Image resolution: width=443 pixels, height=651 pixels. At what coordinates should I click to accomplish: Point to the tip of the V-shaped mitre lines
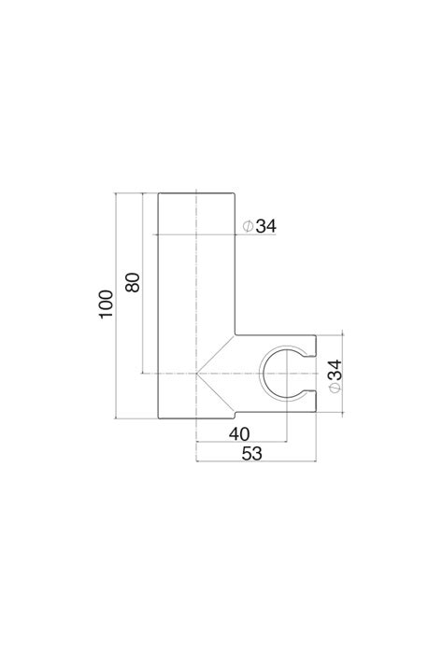click(197, 374)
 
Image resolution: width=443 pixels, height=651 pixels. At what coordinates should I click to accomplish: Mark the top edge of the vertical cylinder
click(196, 192)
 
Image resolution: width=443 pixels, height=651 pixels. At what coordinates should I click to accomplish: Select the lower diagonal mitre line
click(216, 393)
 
